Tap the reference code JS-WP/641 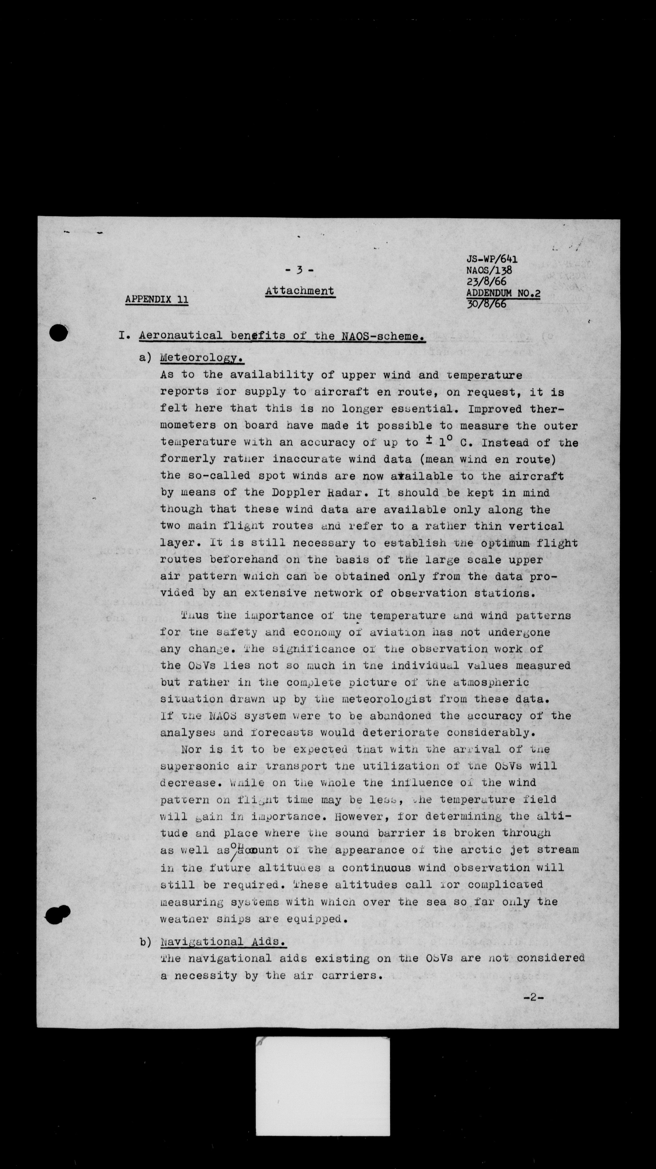pyautogui.click(x=492, y=259)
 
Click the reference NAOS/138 pyautogui.click(x=489, y=270)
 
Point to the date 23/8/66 pyautogui.click(x=486, y=281)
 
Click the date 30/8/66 pyautogui.click(x=486, y=304)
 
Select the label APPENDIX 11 pyautogui.click(x=157, y=299)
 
